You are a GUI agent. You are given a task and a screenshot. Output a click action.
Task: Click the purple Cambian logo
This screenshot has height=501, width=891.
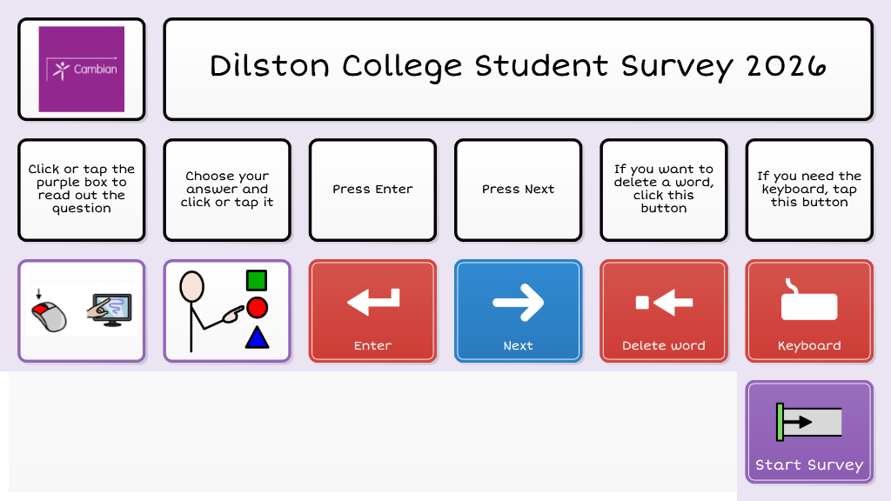coord(82,69)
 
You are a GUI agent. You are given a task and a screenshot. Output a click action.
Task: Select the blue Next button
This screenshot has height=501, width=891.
coord(518,311)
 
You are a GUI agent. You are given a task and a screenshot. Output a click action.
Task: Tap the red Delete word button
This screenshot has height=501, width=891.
coord(663,311)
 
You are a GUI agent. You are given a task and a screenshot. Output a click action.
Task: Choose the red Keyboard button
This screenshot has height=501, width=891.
coord(808,311)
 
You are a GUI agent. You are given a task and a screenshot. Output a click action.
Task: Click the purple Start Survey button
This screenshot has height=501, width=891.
coord(808,431)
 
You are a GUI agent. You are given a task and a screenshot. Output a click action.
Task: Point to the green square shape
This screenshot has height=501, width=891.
coord(256,280)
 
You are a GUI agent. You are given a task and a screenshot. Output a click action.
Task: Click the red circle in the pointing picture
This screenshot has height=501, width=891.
coord(257,307)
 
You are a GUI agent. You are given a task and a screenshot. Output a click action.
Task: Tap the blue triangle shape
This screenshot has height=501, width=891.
coord(257,337)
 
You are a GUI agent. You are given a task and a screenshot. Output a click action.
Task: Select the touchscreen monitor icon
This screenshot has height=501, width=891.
coord(110,310)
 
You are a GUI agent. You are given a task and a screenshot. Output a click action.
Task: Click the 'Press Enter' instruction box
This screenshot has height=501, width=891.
coord(372,190)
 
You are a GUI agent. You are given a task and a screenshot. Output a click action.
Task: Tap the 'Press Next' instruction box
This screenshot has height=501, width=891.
coord(518,190)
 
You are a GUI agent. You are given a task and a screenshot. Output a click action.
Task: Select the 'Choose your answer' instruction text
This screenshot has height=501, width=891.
coord(227,190)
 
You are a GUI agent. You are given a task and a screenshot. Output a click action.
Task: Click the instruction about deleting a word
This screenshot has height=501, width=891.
coord(663,190)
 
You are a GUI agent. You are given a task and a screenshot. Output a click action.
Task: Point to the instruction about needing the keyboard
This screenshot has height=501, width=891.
coord(808,190)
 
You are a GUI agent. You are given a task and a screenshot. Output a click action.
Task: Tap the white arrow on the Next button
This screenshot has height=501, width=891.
coord(518,303)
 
